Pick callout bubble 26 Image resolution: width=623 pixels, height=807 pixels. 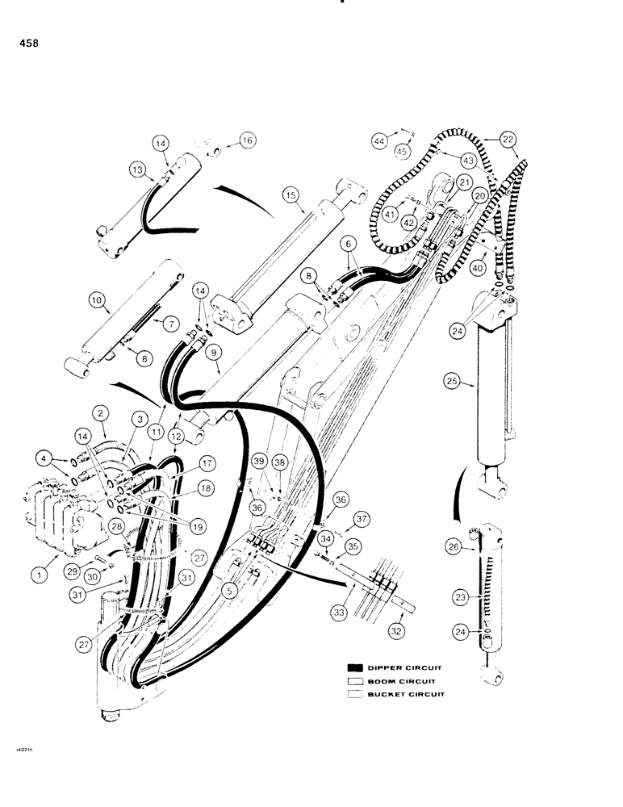coord(452,546)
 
